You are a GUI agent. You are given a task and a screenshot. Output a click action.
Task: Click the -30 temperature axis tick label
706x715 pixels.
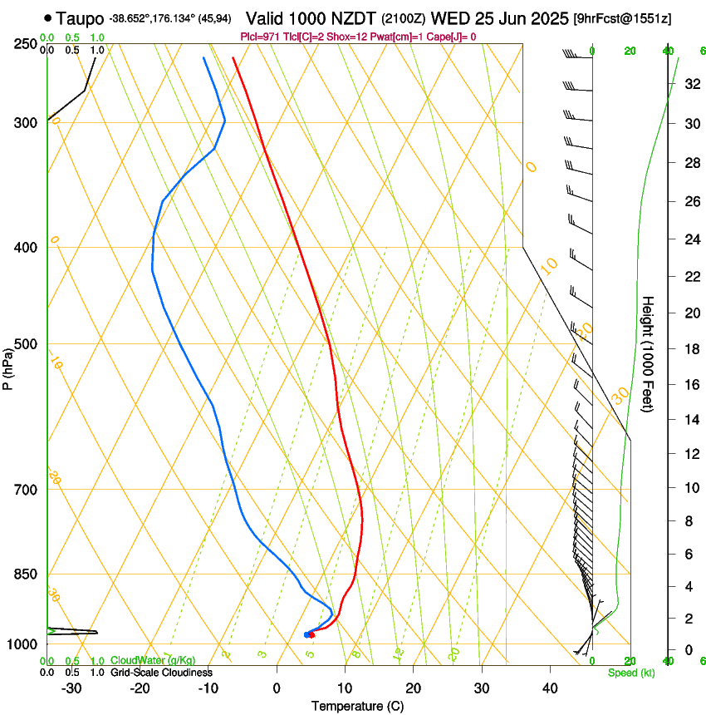71,688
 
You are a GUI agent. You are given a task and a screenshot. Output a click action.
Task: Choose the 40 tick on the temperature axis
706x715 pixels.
550,688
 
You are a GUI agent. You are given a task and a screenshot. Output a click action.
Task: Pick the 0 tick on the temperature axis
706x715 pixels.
277,688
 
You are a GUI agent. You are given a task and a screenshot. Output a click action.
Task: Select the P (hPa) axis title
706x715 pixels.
8,363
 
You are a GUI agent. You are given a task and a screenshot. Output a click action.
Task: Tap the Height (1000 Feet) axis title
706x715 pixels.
648,354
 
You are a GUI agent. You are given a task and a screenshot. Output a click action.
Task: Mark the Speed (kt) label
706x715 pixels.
630,673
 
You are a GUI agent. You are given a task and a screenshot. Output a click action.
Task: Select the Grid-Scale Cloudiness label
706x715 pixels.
160,672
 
